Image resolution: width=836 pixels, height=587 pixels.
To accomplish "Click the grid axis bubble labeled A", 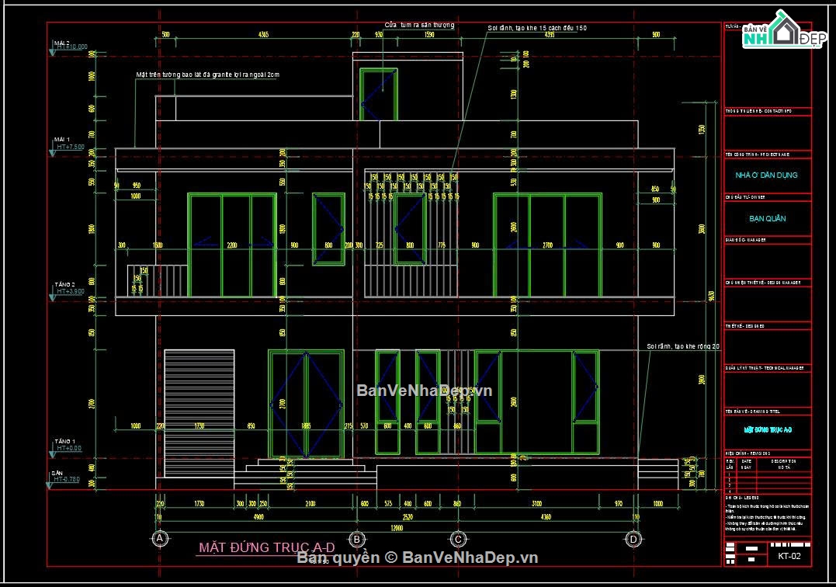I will (x=159, y=539).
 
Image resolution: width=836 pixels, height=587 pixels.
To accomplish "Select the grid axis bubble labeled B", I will (x=356, y=539).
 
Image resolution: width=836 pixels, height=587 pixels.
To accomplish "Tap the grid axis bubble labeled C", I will (x=458, y=539).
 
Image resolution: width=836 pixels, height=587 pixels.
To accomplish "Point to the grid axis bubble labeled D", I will (x=634, y=539).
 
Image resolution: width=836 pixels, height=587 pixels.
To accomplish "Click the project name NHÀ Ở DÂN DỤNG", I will (x=766, y=175).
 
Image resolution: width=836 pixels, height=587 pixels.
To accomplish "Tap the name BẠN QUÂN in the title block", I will (x=766, y=219).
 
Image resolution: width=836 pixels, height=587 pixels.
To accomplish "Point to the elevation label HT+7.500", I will (x=70, y=147).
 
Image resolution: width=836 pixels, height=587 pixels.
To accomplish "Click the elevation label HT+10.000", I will (x=71, y=47).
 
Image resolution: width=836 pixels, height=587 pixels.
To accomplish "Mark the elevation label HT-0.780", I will (x=67, y=480).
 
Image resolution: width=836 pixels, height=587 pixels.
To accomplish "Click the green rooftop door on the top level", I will (x=379, y=94).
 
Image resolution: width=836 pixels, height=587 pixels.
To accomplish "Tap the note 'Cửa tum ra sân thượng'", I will (x=419, y=26).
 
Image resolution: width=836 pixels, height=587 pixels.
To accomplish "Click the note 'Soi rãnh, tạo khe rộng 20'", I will (x=684, y=346).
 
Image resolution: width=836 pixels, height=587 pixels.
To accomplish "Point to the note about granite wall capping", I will (x=207, y=75).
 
